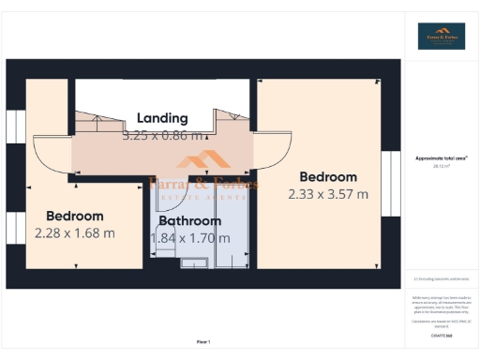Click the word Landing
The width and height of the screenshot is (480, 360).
162,118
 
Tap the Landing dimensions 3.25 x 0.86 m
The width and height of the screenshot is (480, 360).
162,135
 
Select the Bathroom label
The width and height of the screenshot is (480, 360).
189,221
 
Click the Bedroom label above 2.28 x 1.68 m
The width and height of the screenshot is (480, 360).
74,217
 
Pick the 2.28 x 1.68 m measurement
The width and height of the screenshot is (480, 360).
74,232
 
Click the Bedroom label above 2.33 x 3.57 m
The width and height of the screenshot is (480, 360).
328,177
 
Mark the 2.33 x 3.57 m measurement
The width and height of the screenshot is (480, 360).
328,194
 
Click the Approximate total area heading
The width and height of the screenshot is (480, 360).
441,157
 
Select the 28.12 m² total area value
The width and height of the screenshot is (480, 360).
441,166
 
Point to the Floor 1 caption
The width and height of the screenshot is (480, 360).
202,341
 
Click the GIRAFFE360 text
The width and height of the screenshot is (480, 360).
441,335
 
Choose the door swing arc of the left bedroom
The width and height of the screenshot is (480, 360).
52,155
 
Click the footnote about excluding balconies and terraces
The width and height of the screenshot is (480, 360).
441,278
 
